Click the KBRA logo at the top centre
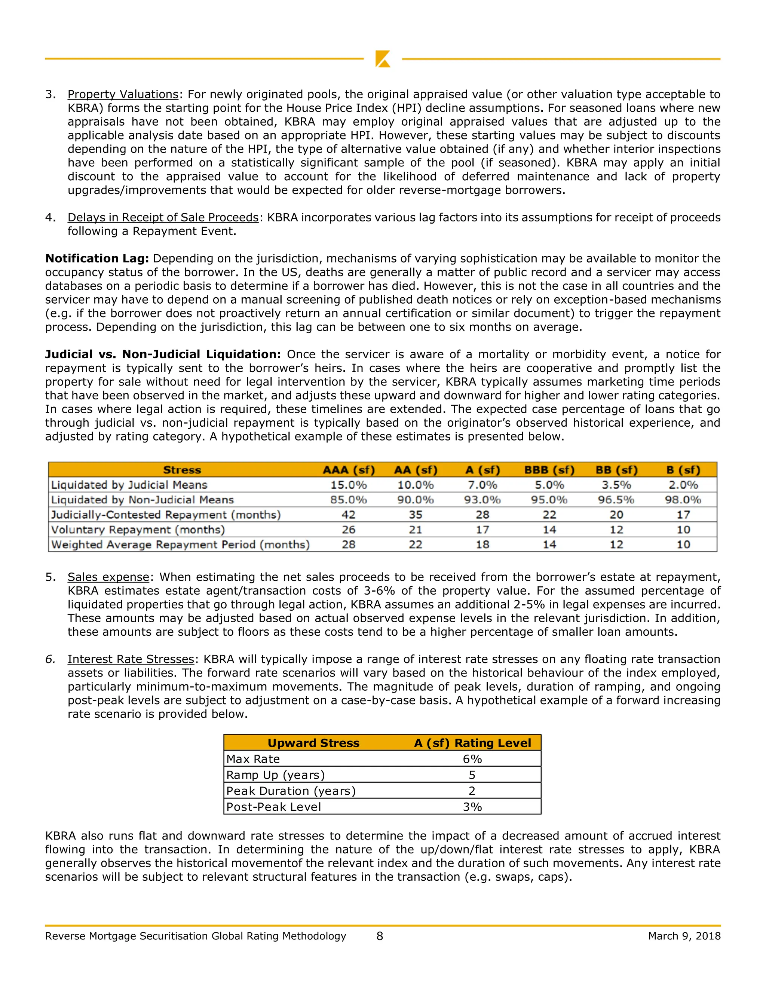pos(383,59)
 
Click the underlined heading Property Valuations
pos(123,94)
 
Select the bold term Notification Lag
pos(96,259)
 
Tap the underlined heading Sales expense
pos(108,577)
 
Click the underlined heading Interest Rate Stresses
pos(131,659)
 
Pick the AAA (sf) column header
pos(349,470)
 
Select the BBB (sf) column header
pos(549,470)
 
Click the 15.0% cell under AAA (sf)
pos(349,485)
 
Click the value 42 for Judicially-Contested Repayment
pos(349,515)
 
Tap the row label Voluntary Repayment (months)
pos(138,530)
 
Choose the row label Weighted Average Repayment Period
pos(180,545)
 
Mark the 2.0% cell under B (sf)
pos(683,485)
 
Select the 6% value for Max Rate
pos(472,759)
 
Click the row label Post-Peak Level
pos(274,807)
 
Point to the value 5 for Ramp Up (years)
pos(472,775)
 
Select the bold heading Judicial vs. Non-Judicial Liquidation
pos(163,355)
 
